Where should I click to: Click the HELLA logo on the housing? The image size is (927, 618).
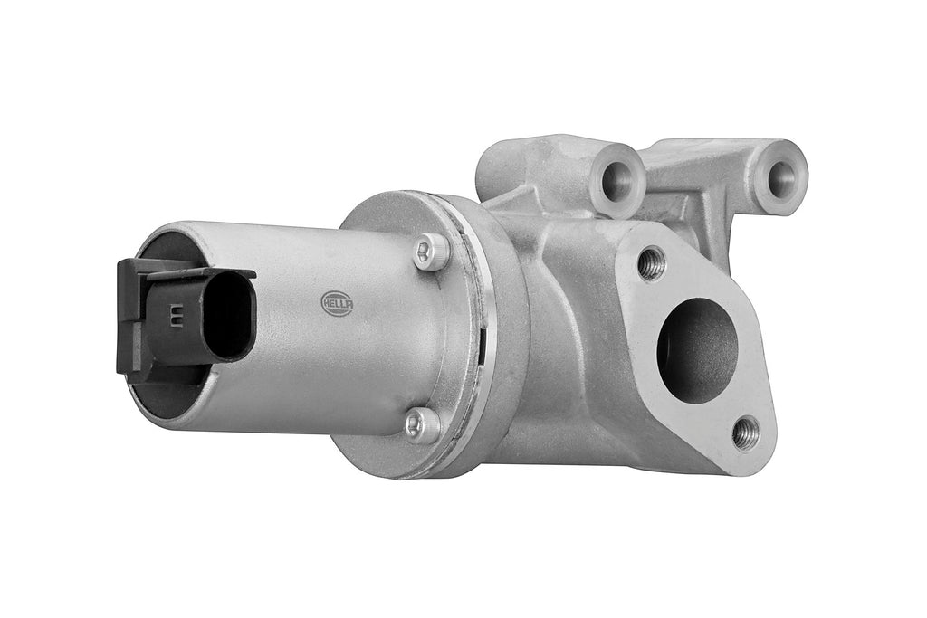(x=337, y=302)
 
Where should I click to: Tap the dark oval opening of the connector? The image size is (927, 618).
(x=229, y=318)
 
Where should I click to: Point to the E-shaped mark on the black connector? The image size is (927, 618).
(x=175, y=314)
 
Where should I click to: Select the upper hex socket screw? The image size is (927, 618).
(x=432, y=252)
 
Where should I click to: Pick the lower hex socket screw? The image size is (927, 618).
(x=423, y=425)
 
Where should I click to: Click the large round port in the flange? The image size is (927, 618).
(x=698, y=351)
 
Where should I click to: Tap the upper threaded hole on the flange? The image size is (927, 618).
(x=652, y=263)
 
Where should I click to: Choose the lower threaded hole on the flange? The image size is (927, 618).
(x=745, y=433)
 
